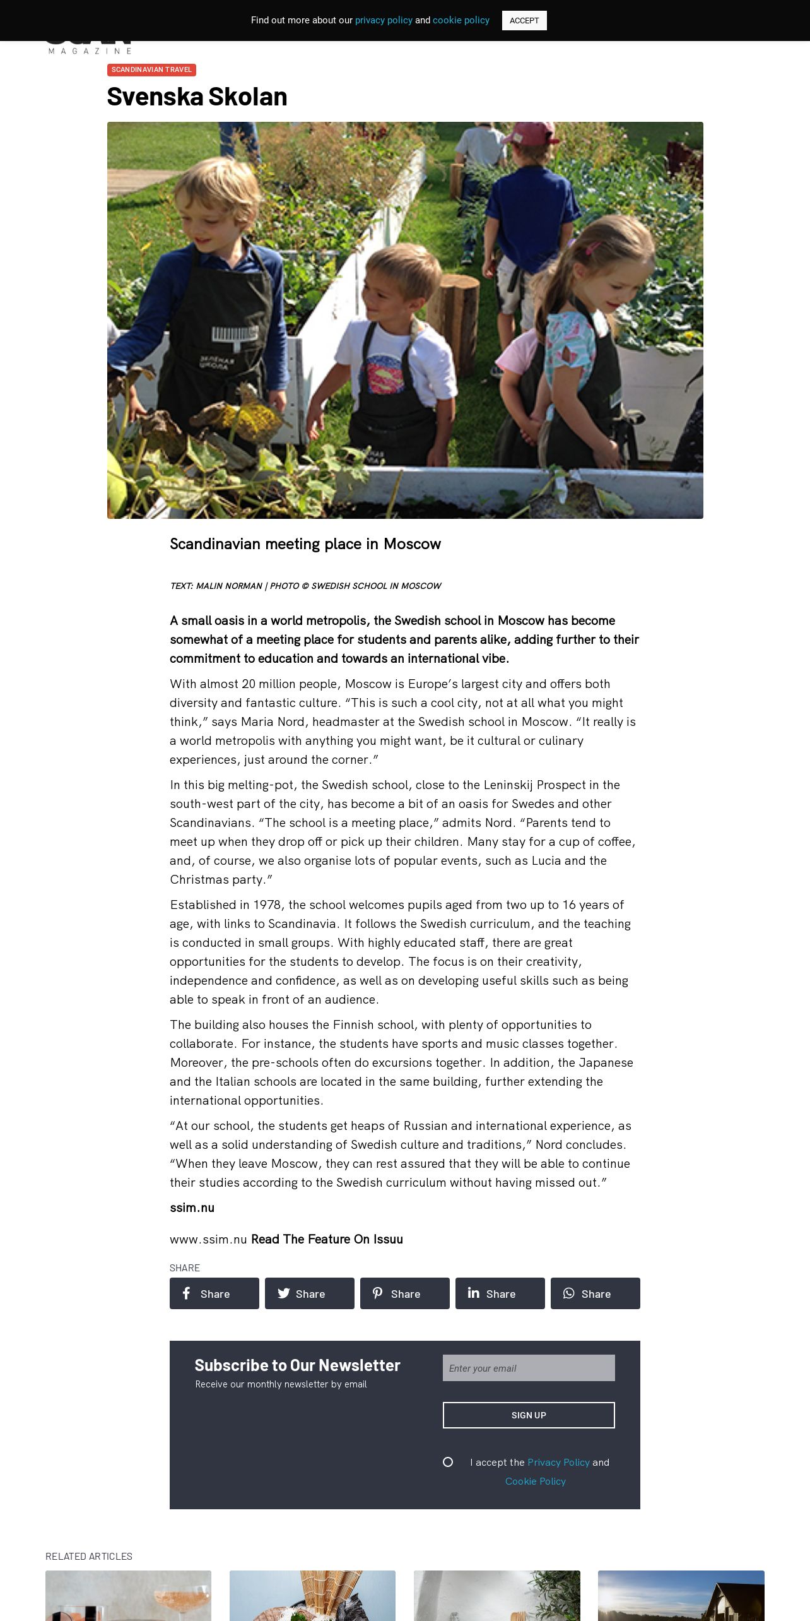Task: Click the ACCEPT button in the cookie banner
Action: tap(524, 20)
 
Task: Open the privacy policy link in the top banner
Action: tap(384, 20)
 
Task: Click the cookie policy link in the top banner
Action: tap(461, 20)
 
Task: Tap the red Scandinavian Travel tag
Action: tap(151, 69)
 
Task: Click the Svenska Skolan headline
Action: tap(197, 97)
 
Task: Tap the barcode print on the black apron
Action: tap(234, 334)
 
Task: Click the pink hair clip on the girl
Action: tap(592, 248)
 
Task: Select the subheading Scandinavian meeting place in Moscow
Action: tap(305, 544)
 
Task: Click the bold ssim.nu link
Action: tap(192, 1208)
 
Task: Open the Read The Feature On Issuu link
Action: tap(327, 1239)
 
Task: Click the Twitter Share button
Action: tap(309, 1293)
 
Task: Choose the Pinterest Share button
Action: tap(404, 1293)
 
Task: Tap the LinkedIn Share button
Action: tap(500, 1293)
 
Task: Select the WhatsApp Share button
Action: tap(595, 1293)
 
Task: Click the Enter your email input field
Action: tap(529, 1368)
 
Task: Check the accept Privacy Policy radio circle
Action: tap(448, 1462)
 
